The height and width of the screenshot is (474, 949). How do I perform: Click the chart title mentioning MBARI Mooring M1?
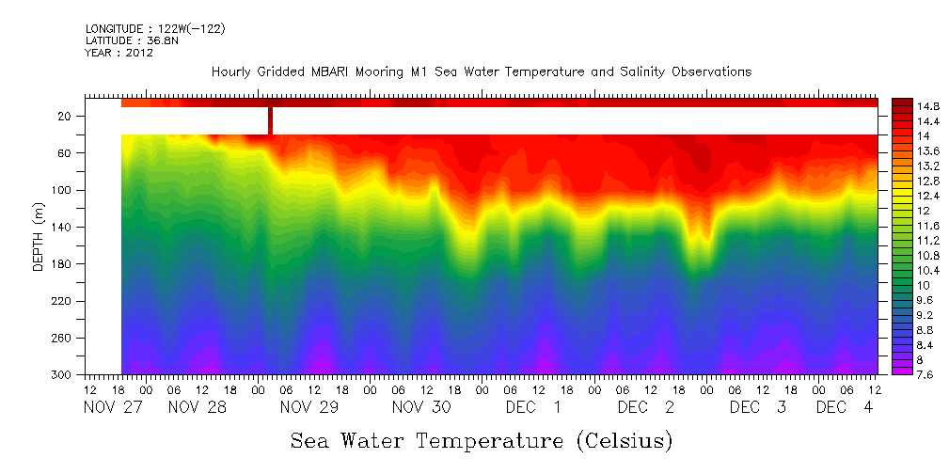click(482, 72)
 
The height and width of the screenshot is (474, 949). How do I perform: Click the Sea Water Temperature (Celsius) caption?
click(482, 440)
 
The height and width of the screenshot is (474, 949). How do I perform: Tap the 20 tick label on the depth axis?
click(65, 116)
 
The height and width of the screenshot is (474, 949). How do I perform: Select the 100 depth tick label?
click(62, 190)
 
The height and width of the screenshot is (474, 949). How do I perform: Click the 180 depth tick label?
click(62, 264)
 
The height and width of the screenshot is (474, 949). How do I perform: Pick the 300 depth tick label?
click(62, 374)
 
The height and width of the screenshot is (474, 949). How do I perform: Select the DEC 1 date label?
click(533, 408)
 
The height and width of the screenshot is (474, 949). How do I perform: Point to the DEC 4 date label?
click(844, 408)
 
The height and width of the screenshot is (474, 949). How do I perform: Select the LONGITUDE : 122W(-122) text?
click(155, 28)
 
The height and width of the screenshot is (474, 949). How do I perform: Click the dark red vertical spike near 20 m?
click(270, 120)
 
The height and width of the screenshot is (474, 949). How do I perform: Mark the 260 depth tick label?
click(62, 338)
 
